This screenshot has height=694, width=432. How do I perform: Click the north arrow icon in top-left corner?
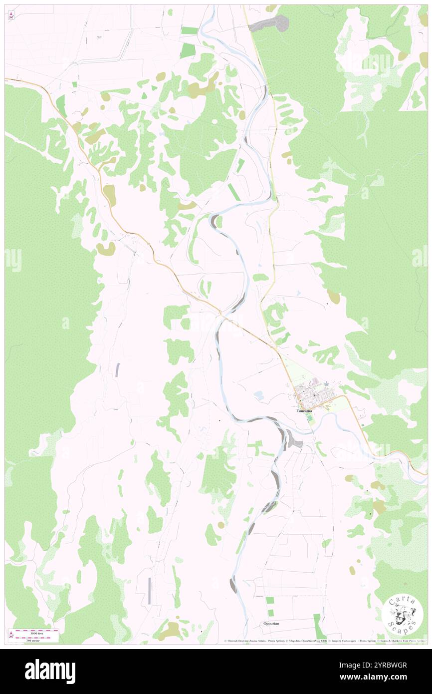coord(11,15)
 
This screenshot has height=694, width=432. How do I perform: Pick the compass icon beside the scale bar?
coord(11,635)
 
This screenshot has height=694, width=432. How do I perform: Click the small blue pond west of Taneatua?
coord(258,395)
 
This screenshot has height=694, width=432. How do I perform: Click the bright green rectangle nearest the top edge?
coord(190,30)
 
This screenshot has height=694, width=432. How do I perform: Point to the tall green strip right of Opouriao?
coord(317,626)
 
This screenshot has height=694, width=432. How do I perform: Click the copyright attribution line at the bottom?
coord(324,641)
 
